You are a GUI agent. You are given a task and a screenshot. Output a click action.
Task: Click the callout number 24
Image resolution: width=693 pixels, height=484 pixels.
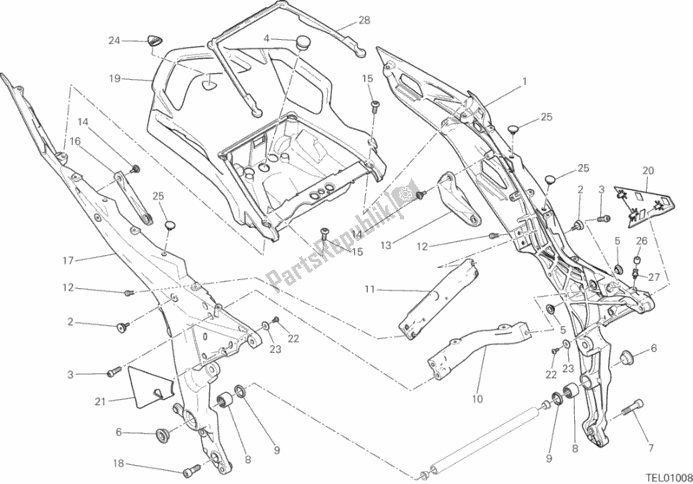(113, 40)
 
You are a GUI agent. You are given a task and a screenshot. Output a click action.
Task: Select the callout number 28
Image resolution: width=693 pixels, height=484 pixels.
(364, 20)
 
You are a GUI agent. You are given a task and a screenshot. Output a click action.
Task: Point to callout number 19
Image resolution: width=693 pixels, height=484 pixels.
(114, 77)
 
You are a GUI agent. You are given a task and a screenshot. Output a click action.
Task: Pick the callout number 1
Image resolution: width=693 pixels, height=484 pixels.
(525, 82)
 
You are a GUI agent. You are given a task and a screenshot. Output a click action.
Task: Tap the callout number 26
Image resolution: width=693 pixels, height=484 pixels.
(641, 241)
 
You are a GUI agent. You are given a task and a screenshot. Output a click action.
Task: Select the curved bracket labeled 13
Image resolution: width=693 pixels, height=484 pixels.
(452, 199)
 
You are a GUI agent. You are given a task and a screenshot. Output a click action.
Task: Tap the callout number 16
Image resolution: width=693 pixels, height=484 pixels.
(75, 140)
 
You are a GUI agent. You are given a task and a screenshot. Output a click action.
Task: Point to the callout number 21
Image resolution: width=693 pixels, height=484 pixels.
(99, 400)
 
